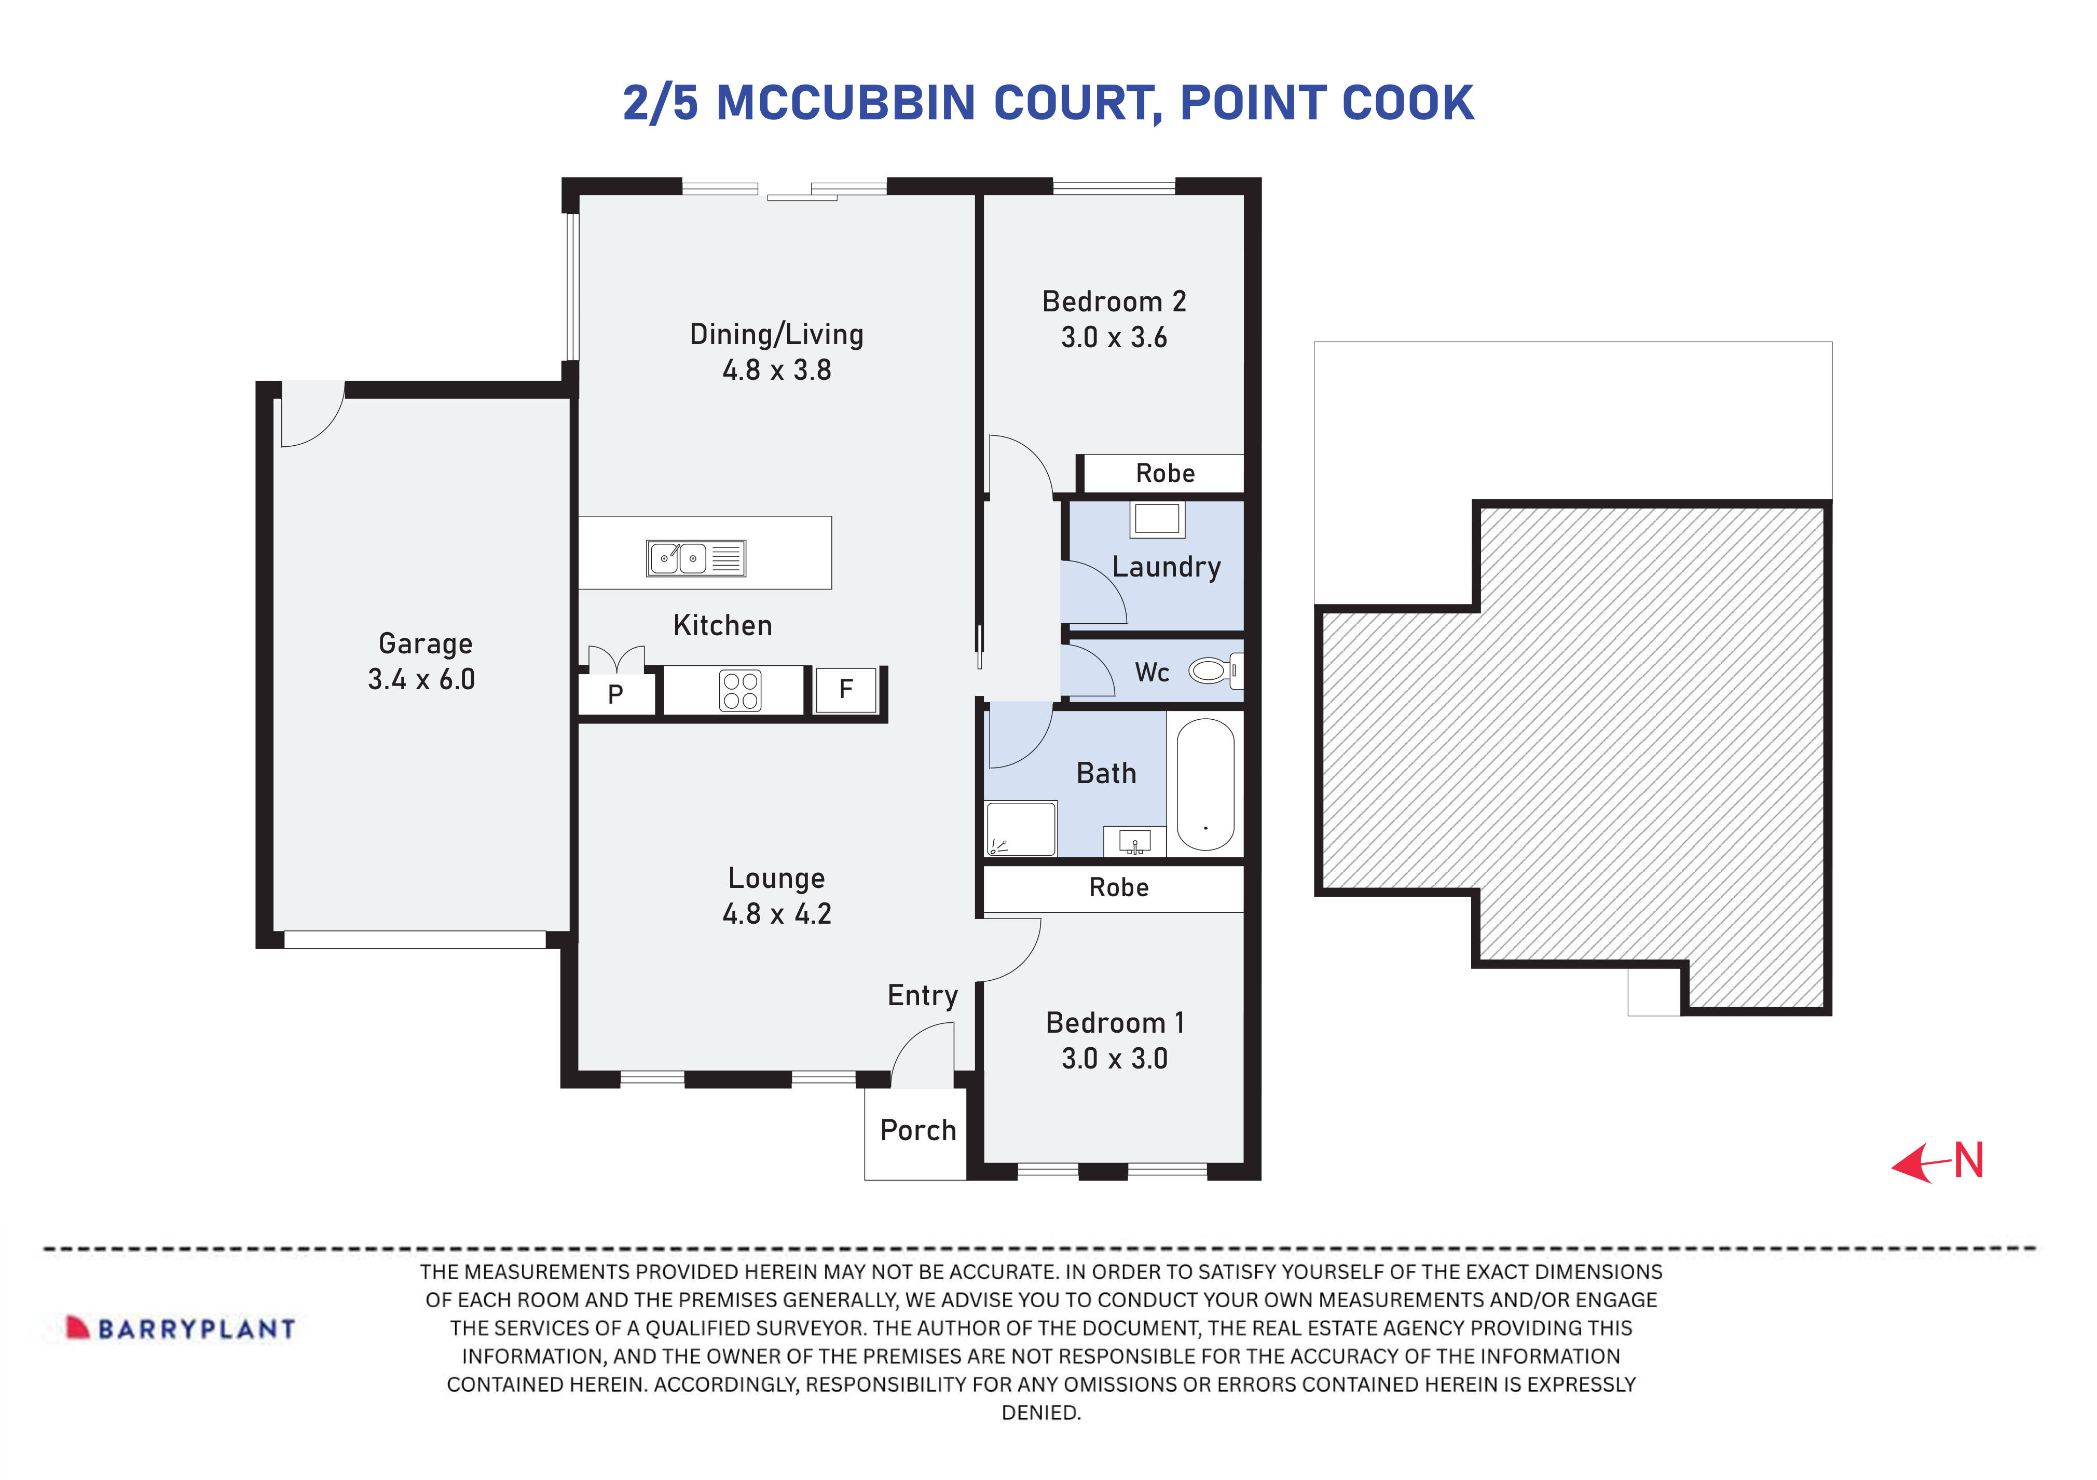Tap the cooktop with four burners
pos(740,691)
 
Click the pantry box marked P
pos(615,694)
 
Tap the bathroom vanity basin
pos(1134,841)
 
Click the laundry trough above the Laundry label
pos(1157,520)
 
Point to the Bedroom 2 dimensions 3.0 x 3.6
pos(1113,338)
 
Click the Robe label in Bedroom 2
pos(1164,473)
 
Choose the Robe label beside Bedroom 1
pos(1119,887)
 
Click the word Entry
pos(923,995)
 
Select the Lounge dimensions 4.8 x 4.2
pos(776,913)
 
